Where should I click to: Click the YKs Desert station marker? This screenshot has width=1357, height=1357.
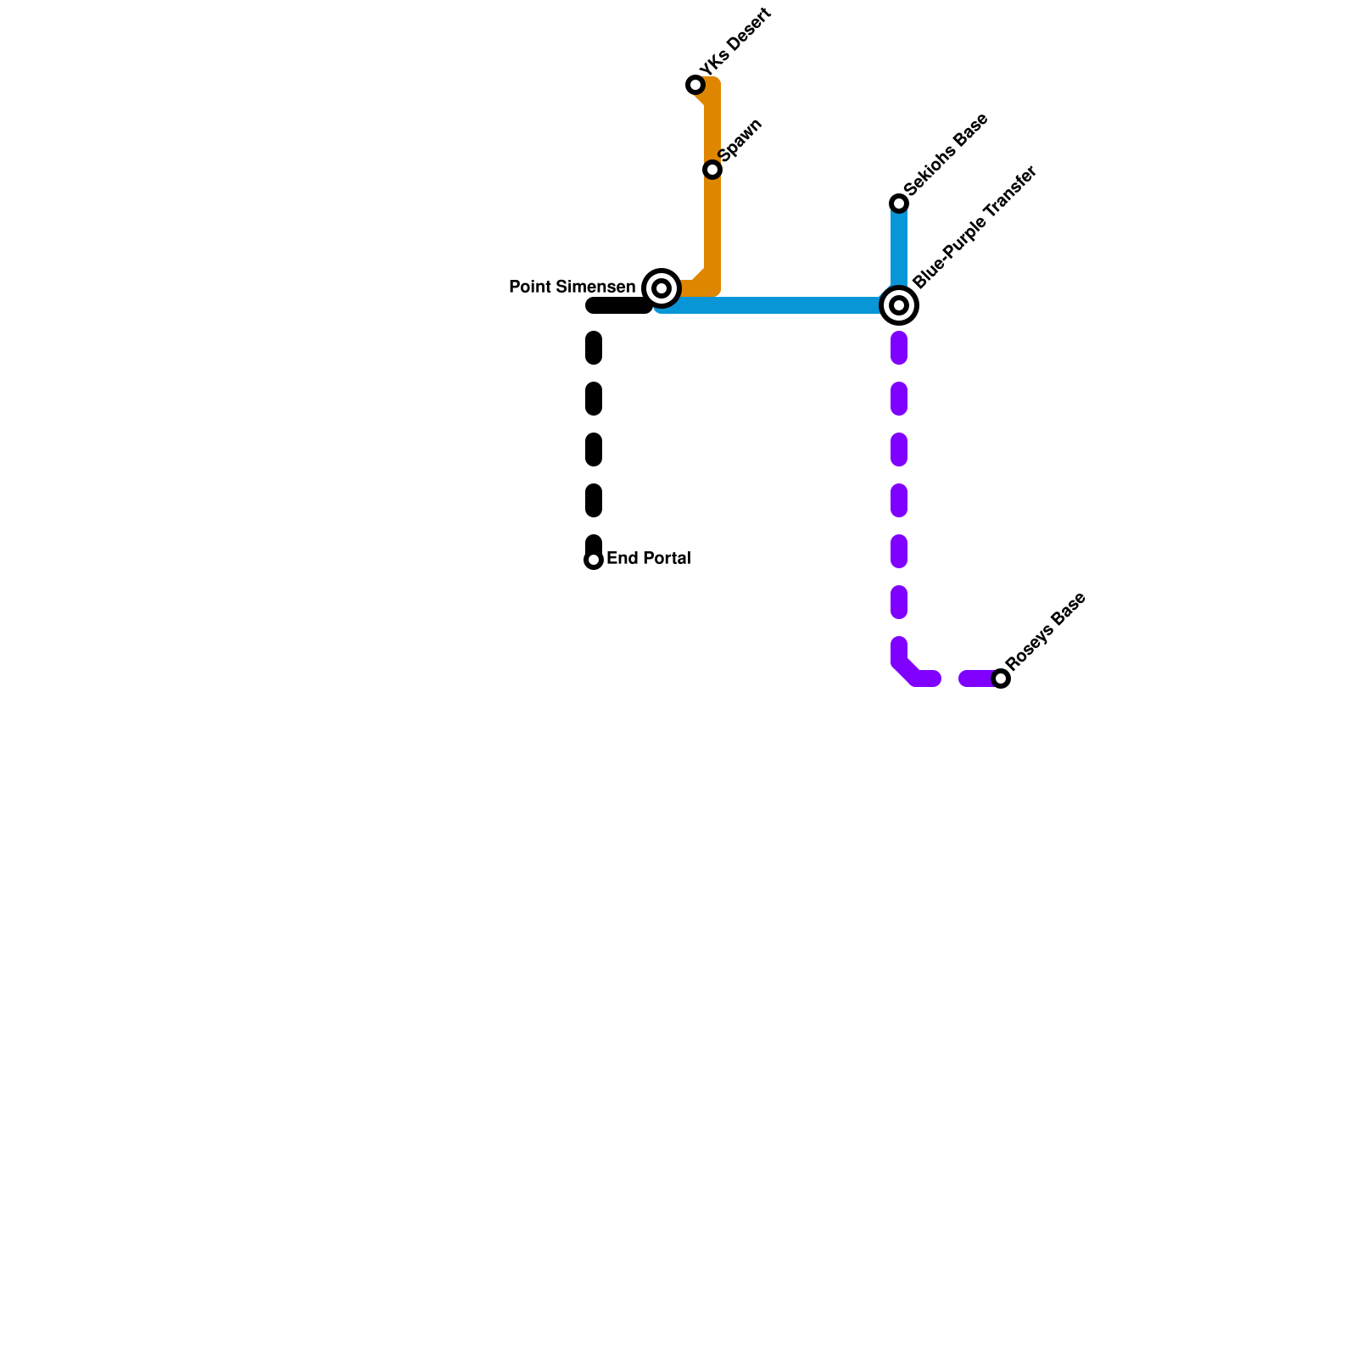click(x=695, y=85)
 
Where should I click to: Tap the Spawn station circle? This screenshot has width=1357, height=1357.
click(x=712, y=170)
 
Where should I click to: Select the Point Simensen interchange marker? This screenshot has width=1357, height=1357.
click(x=662, y=288)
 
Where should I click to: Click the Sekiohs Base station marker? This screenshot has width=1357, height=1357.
click(x=899, y=204)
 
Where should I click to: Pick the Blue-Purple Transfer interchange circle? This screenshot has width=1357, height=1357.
click(x=899, y=305)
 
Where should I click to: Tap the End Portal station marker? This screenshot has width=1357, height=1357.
click(x=594, y=560)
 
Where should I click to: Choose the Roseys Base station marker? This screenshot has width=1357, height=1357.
click(x=1001, y=678)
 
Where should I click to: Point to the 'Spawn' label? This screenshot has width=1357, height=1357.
click(x=740, y=140)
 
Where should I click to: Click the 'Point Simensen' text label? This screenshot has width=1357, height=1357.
click(x=572, y=288)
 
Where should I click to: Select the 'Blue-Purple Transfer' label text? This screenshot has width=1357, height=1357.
click(x=975, y=227)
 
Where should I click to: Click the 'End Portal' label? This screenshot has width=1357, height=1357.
click(x=649, y=559)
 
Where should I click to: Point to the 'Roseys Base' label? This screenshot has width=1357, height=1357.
click(x=1046, y=632)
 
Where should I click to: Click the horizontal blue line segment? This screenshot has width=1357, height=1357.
click(x=780, y=305)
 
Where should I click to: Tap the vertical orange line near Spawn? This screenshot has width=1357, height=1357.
click(x=712, y=221)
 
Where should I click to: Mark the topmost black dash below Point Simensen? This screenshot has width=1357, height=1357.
click(x=594, y=348)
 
